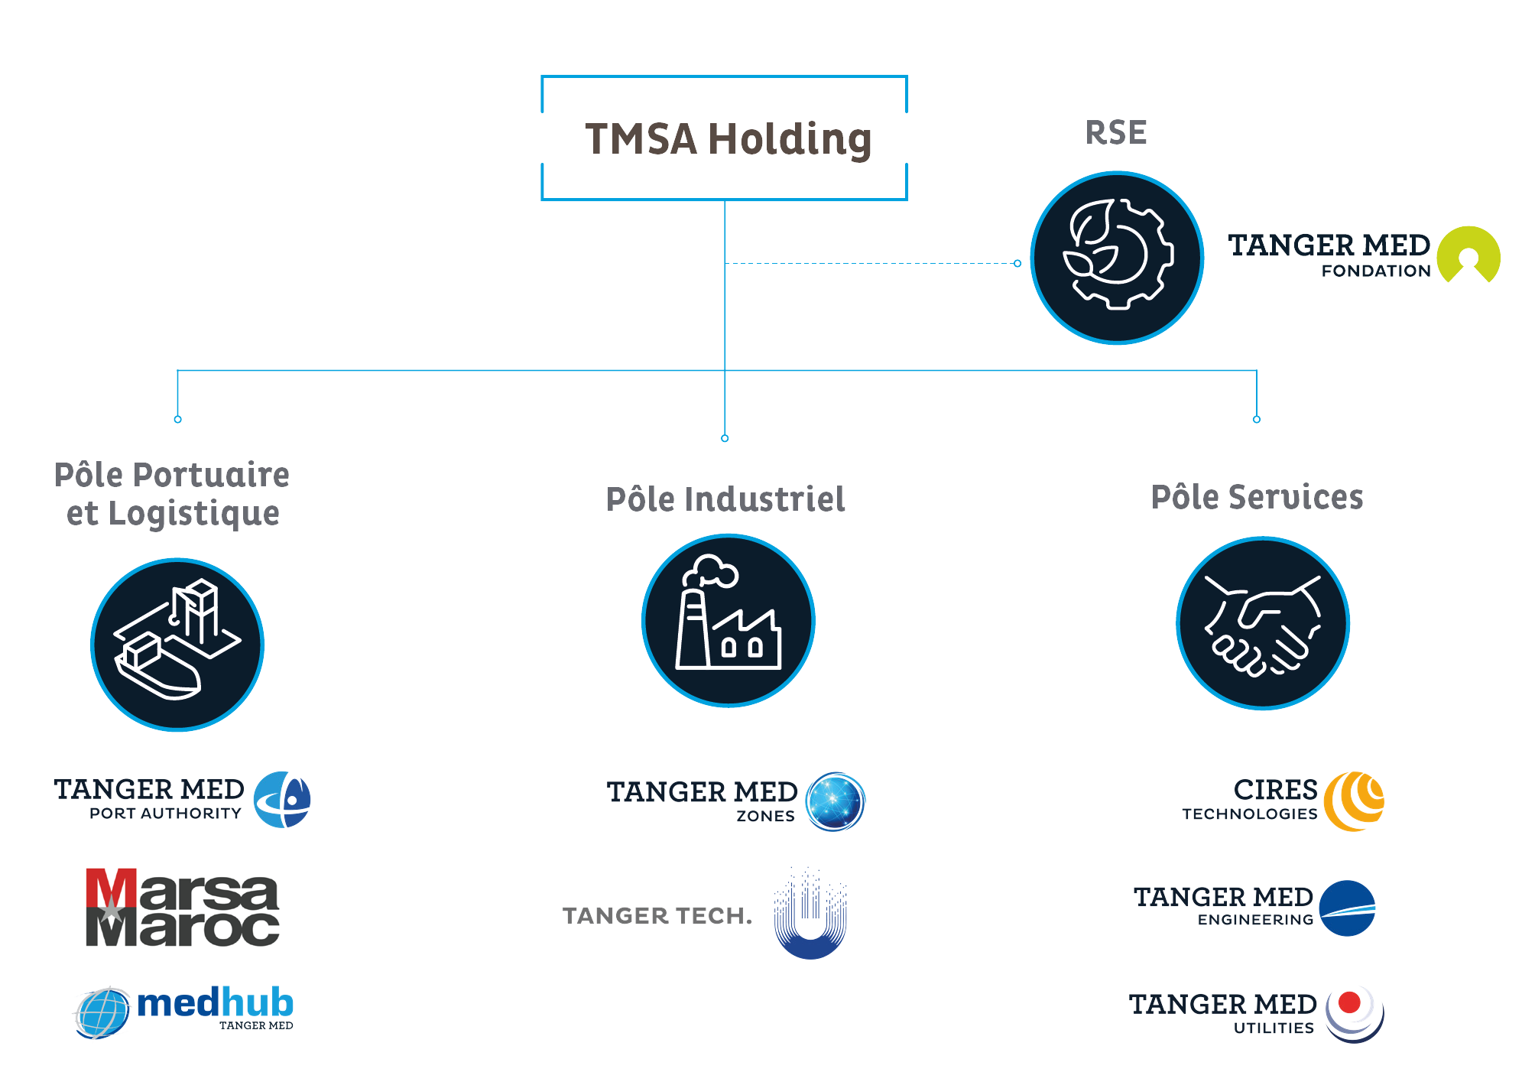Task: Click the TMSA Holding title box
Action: [x=724, y=138]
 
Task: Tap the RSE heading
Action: [x=1115, y=133]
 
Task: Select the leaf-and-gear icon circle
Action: [x=1117, y=258]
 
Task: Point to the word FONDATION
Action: [x=1375, y=271]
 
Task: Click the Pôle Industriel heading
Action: [x=725, y=499]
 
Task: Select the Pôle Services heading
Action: [x=1257, y=497]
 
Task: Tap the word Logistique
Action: [x=193, y=513]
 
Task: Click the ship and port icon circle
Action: [x=177, y=644]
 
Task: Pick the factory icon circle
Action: [x=728, y=620]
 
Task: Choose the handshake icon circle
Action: [x=1262, y=623]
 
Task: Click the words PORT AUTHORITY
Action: [x=165, y=814]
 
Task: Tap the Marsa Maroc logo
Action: [x=182, y=908]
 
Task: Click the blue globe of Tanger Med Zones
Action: [x=835, y=801]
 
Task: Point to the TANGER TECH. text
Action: [x=657, y=915]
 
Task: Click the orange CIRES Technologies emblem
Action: [x=1354, y=801]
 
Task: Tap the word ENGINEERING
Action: [x=1255, y=920]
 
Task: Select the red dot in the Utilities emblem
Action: [x=1350, y=1002]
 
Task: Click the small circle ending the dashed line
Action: [x=1017, y=263]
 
